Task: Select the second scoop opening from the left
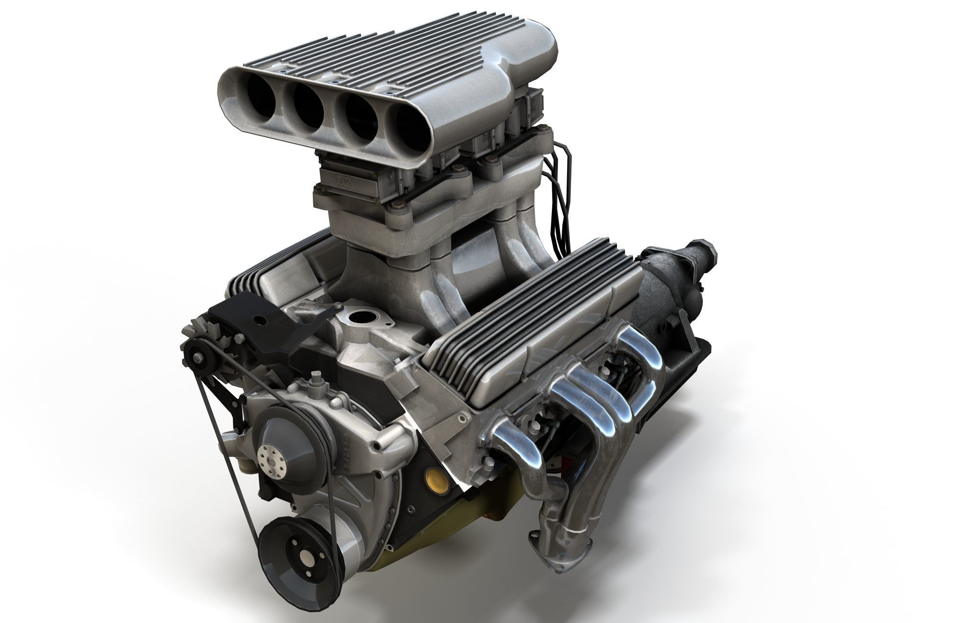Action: point(307,107)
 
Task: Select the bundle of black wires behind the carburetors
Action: point(556,201)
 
